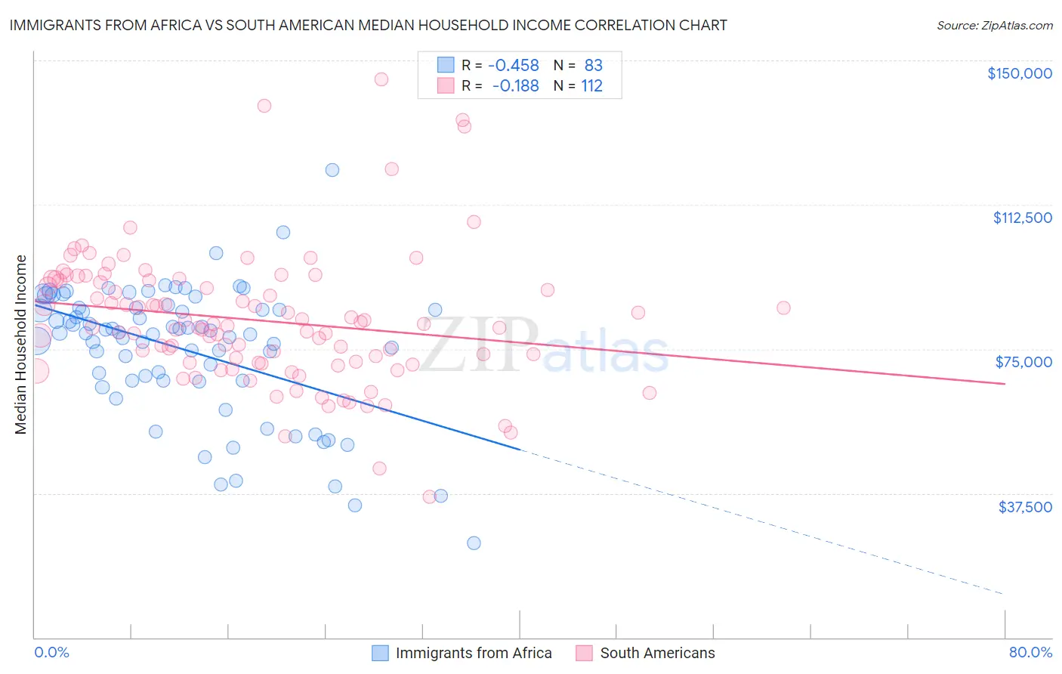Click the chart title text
(368, 25)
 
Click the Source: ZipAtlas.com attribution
(994, 25)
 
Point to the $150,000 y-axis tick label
(1019, 73)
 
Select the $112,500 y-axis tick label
(1022, 218)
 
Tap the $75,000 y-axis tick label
(1023, 362)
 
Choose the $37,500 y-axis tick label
(1025, 507)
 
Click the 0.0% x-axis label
(51, 652)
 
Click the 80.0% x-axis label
(1030, 652)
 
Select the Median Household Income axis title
(21, 345)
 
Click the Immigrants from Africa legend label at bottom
(474, 653)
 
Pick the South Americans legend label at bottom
(657, 653)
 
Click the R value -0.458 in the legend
(514, 66)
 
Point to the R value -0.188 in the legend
(515, 86)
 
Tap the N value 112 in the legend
(591, 86)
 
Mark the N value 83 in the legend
(593, 66)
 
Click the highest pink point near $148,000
(381, 79)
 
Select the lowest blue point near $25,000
(474, 543)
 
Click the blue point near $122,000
(332, 170)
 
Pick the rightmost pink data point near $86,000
(783, 308)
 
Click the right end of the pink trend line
(1005, 384)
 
